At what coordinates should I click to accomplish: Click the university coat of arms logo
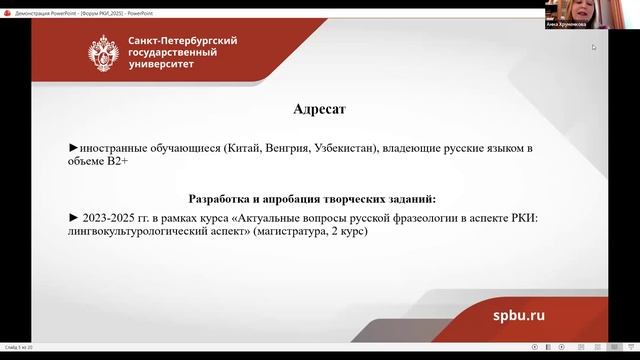click(x=104, y=50)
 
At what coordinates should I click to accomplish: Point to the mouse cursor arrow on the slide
click(x=593, y=46)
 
